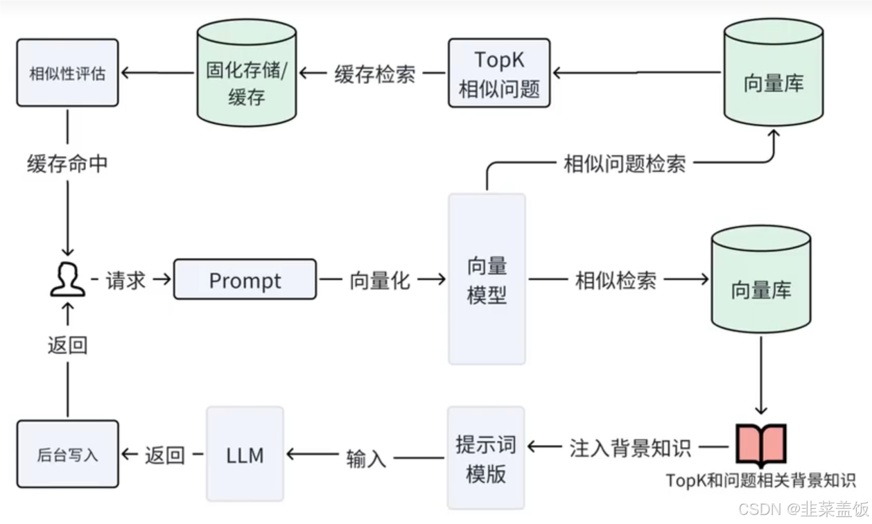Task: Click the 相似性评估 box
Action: tap(67, 73)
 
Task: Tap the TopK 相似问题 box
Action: tap(499, 73)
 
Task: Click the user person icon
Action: tap(68, 280)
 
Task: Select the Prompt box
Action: tap(245, 280)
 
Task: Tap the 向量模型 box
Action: tap(487, 279)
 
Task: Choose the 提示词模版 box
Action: tap(486, 457)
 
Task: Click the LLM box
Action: tap(245, 455)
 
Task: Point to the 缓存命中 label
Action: tap(67, 164)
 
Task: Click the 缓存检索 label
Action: tap(374, 73)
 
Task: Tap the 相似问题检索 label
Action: tap(625, 164)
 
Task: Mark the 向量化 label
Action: tap(379, 280)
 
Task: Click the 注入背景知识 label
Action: tap(630, 447)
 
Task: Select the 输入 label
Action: tap(366, 457)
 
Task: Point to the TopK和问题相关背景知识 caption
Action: tap(760, 480)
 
